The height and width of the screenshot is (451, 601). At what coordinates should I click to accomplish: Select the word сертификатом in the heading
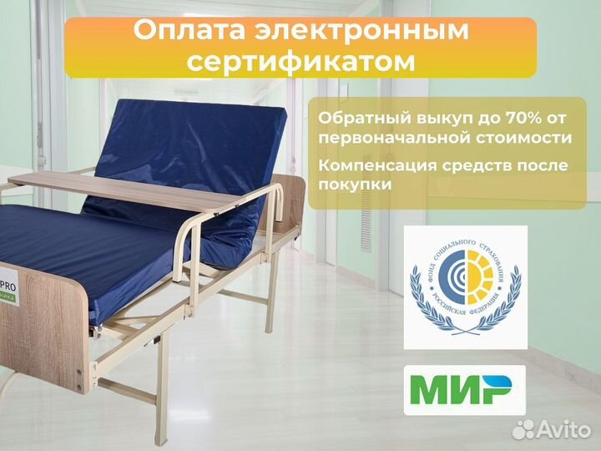tap(300, 63)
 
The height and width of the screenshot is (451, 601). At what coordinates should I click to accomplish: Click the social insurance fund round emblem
tap(465, 286)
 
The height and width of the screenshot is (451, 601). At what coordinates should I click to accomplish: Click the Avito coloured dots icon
tap(524, 429)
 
